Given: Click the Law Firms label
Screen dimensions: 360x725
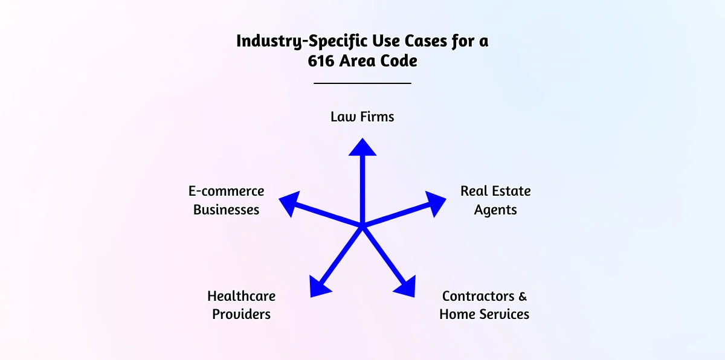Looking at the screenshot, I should pyautogui.click(x=362, y=117).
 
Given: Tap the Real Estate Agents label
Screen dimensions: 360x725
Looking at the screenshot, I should pyautogui.click(x=495, y=201).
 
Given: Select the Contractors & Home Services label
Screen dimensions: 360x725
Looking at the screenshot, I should pyautogui.click(x=484, y=305).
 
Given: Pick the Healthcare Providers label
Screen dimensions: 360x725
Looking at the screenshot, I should pyautogui.click(x=241, y=305).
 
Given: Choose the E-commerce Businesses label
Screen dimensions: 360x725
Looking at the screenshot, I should pyautogui.click(x=227, y=201).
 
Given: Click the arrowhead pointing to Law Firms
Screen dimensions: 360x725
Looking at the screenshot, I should pyautogui.click(x=362, y=148).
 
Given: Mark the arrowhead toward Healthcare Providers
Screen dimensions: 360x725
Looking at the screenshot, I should pyautogui.click(x=320, y=286).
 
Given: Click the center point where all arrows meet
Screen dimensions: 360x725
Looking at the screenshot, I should pyautogui.click(x=362, y=227).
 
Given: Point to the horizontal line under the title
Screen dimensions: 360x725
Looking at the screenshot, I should pyautogui.click(x=362, y=83).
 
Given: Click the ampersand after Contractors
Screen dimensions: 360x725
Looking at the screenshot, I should pyautogui.click(x=523, y=296).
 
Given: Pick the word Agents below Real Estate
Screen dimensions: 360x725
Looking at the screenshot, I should pyautogui.click(x=495, y=210).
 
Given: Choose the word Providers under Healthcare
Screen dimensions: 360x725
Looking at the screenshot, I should pyautogui.click(x=241, y=314).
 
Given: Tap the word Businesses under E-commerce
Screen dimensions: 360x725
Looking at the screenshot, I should pyautogui.click(x=227, y=210).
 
